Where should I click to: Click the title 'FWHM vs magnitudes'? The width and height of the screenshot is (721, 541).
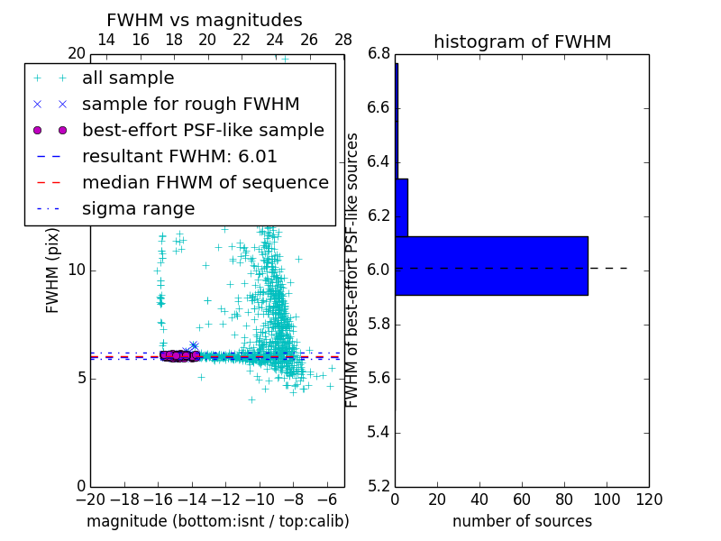[x=205, y=20]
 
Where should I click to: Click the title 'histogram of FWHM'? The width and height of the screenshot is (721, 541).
[x=522, y=41]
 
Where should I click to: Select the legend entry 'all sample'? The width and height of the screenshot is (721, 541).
[x=128, y=78]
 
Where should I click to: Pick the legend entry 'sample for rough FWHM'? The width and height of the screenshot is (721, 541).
[x=190, y=104]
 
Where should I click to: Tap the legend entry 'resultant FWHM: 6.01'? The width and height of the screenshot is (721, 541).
[x=179, y=156]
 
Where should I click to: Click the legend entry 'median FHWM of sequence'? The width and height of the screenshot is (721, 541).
[x=205, y=182]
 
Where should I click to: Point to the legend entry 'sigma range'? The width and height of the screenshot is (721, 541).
[x=138, y=208]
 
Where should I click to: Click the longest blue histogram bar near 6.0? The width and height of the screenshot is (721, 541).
[x=491, y=265]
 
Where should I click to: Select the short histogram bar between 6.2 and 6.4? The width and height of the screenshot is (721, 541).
[x=401, y=207]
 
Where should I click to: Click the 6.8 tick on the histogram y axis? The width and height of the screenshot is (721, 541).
[x=379, y=54]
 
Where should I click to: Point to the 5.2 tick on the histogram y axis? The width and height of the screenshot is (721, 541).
[x=379, y=486]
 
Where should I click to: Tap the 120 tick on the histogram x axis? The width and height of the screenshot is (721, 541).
[x=649, y=500]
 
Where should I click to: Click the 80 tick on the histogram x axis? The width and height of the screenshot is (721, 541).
[x=564, y=500]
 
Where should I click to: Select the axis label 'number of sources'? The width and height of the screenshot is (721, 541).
[x=522, y=521]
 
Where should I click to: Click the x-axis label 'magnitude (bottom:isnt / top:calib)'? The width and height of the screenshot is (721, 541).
[x=217, y=521]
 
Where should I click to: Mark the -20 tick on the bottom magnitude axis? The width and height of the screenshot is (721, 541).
[x=90, y=500]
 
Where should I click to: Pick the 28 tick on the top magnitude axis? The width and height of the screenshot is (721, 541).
[x=343, y=40]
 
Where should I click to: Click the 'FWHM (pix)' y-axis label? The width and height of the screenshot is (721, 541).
[x=53, y=270]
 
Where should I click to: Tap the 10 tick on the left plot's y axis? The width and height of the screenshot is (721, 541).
[x=76, y=270]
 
